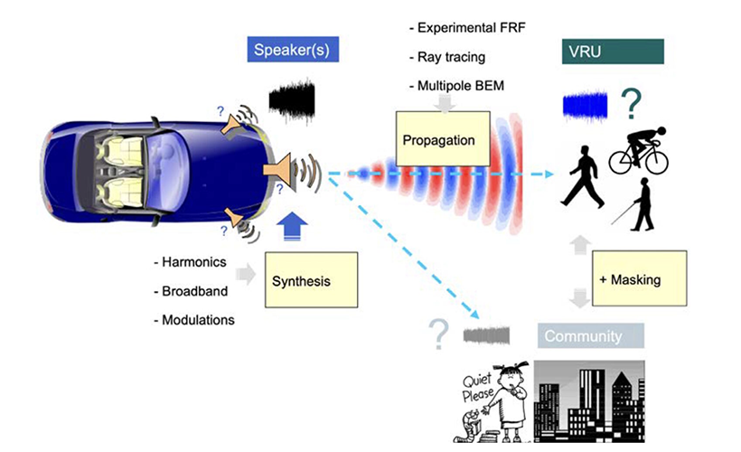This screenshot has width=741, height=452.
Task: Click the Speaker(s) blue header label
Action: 292,50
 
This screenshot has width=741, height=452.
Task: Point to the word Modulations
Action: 197,320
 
